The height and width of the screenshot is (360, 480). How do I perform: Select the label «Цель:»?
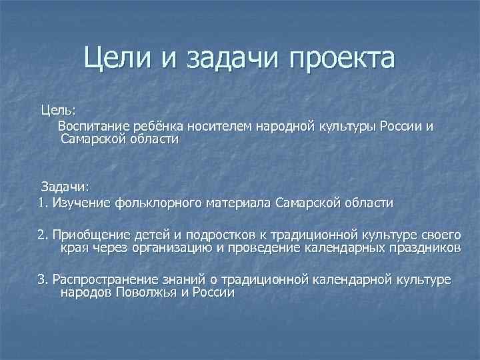[x=59, y=109]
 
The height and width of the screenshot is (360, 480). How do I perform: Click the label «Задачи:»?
[x=65, y=185]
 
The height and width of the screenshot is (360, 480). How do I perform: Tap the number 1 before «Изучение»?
[x=41, y=202]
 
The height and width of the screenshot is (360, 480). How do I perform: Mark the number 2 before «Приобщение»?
[x=41, y=235]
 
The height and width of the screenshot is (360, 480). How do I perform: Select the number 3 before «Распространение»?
[x=41, y=279]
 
